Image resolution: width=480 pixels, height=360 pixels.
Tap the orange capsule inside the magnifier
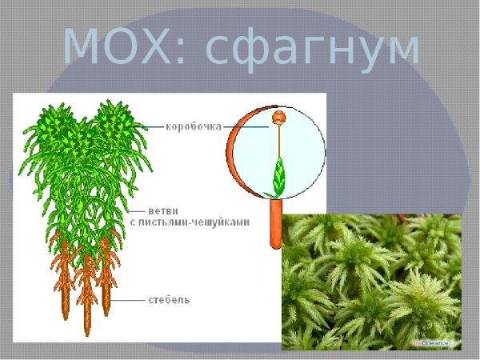click(278, 118)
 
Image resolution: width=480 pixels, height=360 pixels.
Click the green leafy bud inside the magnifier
click(278, 177)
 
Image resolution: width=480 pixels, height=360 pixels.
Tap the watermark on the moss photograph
click(432, 342)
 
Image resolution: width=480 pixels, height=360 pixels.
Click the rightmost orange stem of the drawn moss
click(106, 300)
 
